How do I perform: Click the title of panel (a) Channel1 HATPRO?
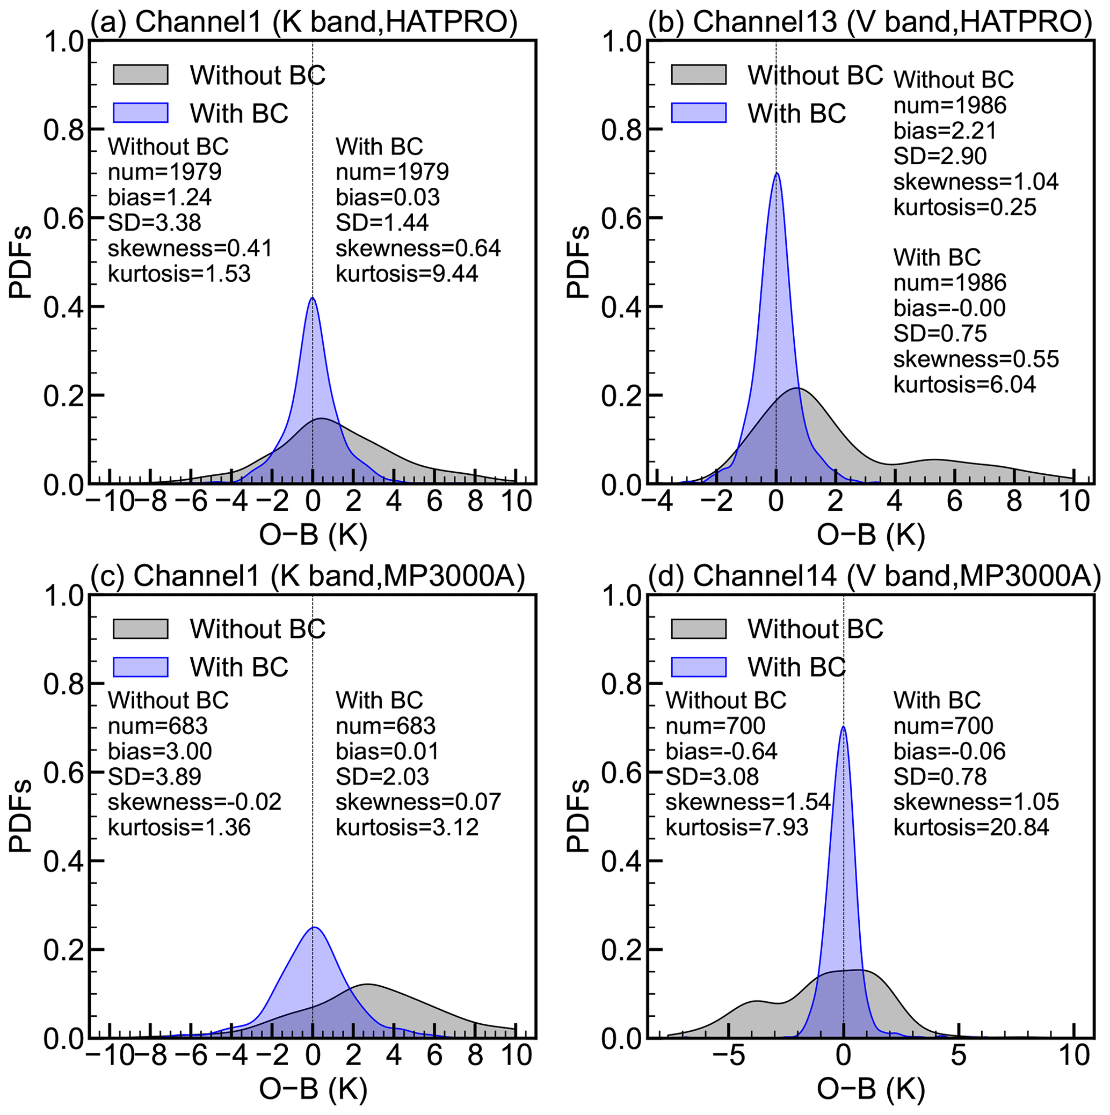304,22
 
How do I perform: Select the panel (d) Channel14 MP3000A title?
874,575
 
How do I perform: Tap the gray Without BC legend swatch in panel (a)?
140,75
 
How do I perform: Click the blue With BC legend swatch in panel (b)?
698,113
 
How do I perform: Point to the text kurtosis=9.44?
407,274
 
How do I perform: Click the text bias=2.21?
945,131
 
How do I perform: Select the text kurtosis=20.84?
971,827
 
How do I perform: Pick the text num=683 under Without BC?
157,726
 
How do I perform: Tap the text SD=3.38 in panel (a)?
154,223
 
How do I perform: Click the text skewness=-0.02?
194,802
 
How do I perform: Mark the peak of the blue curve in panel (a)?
313,298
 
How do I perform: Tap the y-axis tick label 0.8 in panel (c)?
63,684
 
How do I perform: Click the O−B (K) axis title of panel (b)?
871,536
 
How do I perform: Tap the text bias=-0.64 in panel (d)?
721,751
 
